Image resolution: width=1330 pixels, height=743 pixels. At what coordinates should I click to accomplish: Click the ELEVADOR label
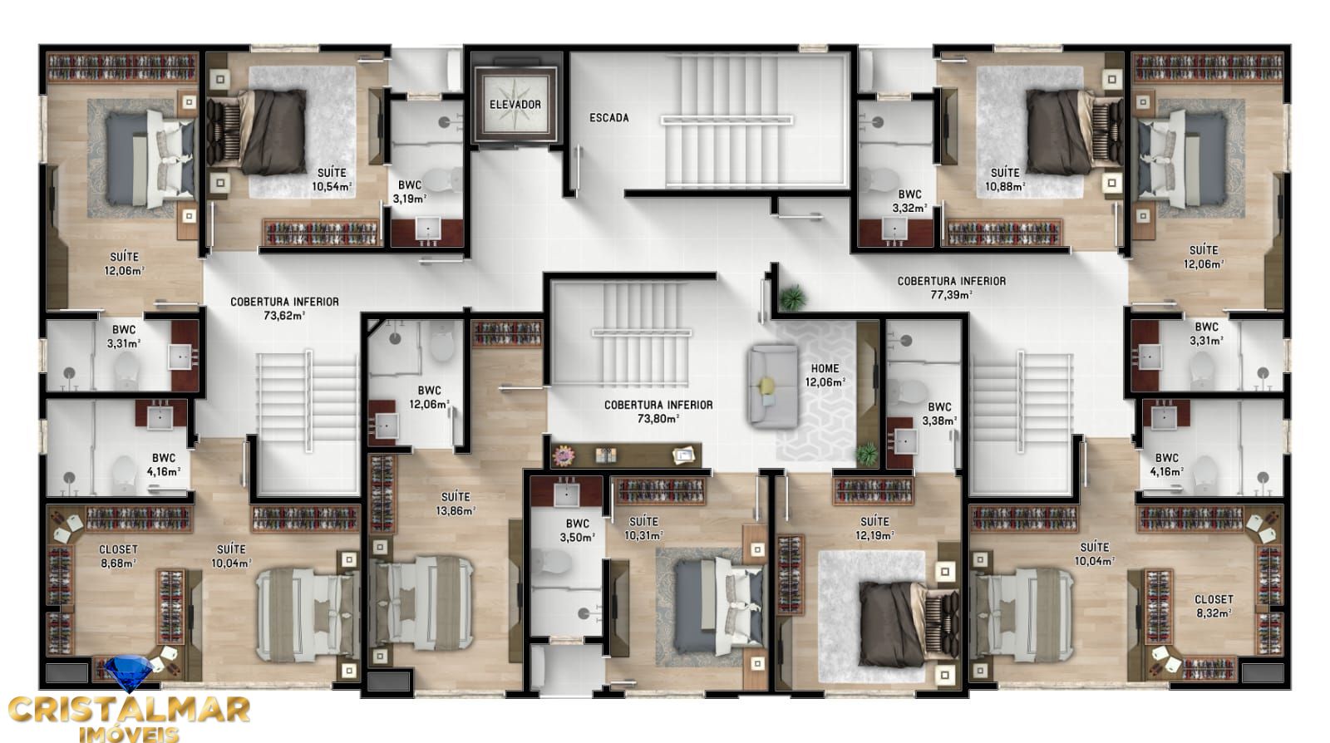[515, 105]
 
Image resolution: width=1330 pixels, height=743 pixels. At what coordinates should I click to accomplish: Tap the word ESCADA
[609, 118]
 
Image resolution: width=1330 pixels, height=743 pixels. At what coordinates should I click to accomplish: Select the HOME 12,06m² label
[825, 375]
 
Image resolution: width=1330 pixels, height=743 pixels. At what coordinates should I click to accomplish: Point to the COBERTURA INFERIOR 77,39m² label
[951, 287]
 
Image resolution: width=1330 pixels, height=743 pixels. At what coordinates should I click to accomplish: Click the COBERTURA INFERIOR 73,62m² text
[284, 308]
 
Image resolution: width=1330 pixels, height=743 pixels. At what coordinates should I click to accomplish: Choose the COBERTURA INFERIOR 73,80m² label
[658, 411]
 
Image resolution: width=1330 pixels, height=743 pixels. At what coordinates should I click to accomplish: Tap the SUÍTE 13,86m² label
[456, 504]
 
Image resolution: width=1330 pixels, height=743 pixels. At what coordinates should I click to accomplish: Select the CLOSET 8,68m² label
[118, 555]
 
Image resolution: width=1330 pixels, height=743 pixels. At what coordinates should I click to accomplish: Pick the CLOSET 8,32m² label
[1214, 605]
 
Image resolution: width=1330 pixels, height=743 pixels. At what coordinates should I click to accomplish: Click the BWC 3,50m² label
[578, 530]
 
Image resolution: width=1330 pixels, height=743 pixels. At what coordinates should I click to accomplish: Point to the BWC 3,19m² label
[410, 191]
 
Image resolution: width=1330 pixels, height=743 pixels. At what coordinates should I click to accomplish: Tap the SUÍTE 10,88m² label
[1005, 179]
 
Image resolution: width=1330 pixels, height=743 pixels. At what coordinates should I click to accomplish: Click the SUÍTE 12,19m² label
[874, 528]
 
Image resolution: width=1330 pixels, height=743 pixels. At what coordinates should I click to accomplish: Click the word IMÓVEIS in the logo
[128, 733]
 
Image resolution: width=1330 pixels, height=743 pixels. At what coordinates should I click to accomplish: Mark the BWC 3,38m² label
[939, 413]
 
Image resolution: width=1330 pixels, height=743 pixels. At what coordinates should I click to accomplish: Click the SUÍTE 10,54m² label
[332, 179]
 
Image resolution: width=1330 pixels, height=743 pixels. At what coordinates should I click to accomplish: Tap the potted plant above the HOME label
[792, 297]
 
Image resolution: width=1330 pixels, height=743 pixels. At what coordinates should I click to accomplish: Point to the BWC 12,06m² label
[430, 396]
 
